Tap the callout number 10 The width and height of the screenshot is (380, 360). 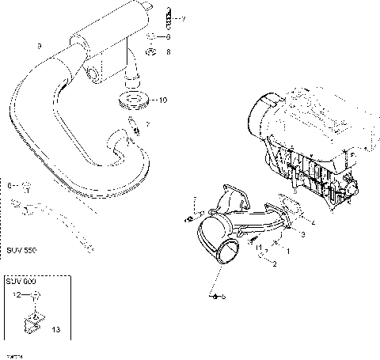point(162,100)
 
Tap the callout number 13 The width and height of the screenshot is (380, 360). point(55,329)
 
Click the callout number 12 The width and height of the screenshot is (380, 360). point(13,295)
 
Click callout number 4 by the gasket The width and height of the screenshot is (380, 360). point(315,224)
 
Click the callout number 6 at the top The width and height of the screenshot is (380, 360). point(167,36)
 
